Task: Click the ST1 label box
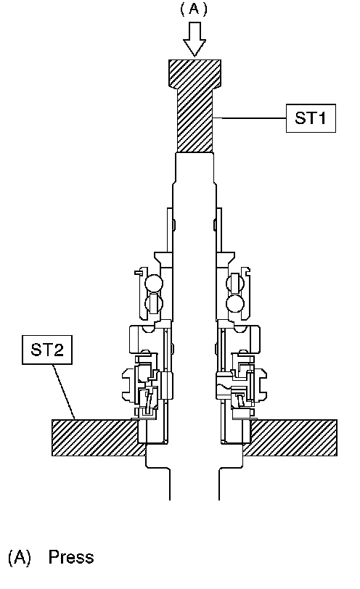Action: [x=311, y=118]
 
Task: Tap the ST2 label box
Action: [x=47, y=350]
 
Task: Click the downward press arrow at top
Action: [x=195, y=38]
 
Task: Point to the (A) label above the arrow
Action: [x=194, y=9]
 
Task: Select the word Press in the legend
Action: [x=71, y=556]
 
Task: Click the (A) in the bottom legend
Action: [x=19, y=557]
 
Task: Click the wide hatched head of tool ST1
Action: [x=195, y=74]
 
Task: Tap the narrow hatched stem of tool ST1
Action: [x=195, y=120]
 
